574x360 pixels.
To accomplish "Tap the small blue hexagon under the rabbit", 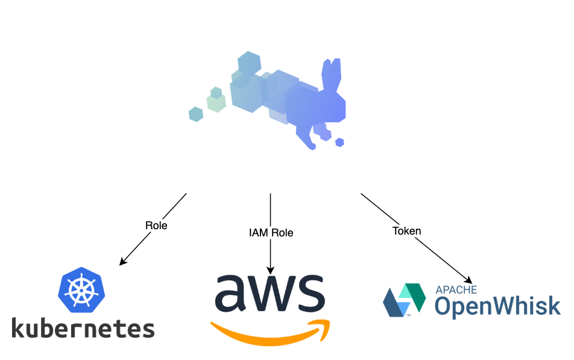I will tap(339, 142).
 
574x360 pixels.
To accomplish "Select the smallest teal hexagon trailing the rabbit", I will tap(196, 114).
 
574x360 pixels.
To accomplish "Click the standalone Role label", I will tap(156, 226).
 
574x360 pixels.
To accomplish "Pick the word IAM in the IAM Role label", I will tap(259, 233).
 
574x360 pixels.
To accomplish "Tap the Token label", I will tap(406, 231).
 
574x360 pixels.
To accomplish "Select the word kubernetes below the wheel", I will tap(83, 329).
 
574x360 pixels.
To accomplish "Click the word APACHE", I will tap(456, 289).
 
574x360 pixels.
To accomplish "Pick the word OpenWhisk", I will tap(497, 307).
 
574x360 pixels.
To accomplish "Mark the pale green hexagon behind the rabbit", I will tap(216, 103).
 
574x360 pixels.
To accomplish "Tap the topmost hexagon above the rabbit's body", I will tap(249, 63).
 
